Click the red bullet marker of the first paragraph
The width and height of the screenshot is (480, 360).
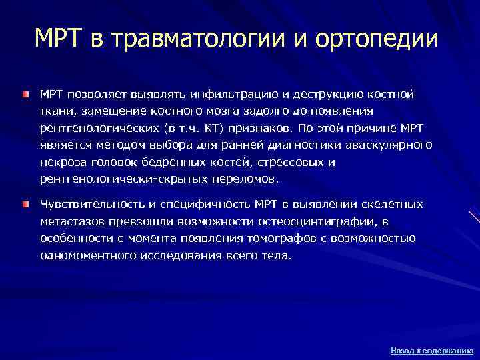pos(25,95)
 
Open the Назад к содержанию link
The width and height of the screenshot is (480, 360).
pos(431,350)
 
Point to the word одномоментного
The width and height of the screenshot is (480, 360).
pos(88,255)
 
